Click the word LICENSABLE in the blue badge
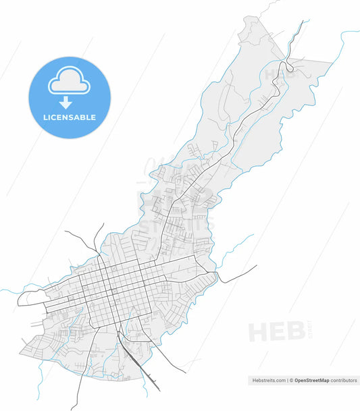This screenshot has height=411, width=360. (x=70, y=117)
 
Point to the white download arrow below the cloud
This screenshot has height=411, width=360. (x=66, y=103)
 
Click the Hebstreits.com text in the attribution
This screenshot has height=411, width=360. (x=268, y=381)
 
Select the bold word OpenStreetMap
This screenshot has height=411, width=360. (x=311, y=381)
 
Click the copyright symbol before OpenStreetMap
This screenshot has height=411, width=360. (x=292, y=381)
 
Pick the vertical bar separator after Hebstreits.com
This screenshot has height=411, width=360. (x=287, y=381)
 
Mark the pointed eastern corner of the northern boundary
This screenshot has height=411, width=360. (x=332, y=61)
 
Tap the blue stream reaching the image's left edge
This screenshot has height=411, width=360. (x=5, y=291)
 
